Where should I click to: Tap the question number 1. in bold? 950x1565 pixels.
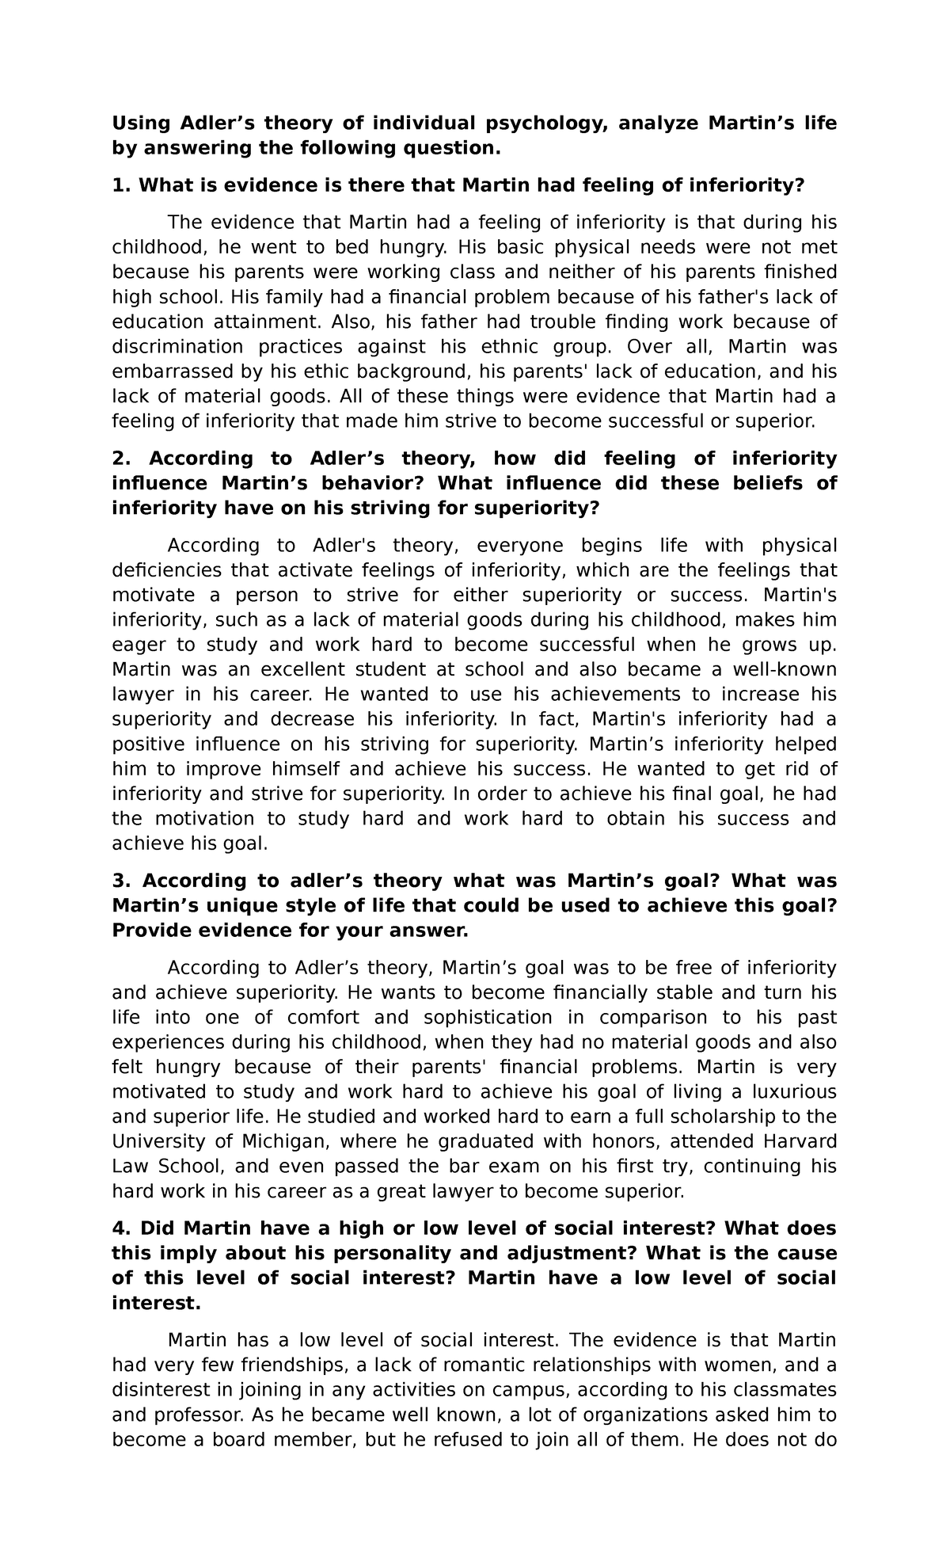pyautogui.click(x=120, y=185)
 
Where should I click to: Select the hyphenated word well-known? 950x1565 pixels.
pyautogui.click(x=785, y=669)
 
